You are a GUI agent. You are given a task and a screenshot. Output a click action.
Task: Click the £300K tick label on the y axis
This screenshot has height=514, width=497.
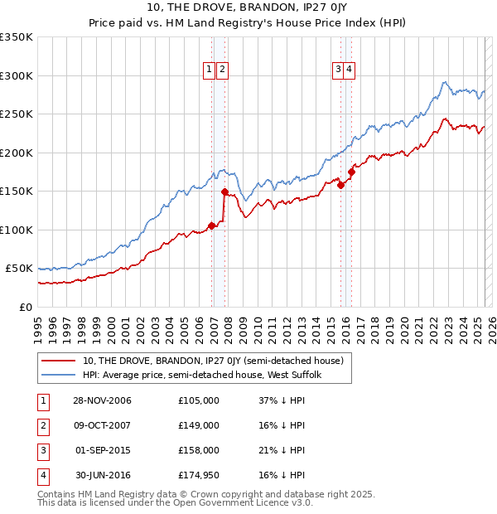click(x=16, y=75)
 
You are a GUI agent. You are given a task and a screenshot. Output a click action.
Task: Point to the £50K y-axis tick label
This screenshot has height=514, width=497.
click(x=19, y=269)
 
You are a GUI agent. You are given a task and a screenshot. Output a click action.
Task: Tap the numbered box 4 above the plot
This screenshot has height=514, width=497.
click(x=350, y=70)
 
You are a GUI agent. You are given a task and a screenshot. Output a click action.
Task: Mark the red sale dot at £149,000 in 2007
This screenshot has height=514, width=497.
click(x=224, y=192)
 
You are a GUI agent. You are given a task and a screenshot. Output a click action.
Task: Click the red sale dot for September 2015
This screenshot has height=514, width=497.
click(x=340, y=185)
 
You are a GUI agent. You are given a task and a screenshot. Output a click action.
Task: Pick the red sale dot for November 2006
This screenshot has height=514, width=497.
click(x=212, y=225)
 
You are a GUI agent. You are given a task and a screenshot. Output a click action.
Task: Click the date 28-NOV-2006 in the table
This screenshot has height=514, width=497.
click(x=103, y=400)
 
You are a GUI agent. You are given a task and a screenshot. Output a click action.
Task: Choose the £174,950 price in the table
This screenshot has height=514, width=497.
click(x=199, y=475)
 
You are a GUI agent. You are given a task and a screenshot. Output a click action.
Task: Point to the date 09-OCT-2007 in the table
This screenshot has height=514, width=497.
click(x=103, y=425)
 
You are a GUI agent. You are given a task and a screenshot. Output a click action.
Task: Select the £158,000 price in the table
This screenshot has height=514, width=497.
click(x=199, y=450)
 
